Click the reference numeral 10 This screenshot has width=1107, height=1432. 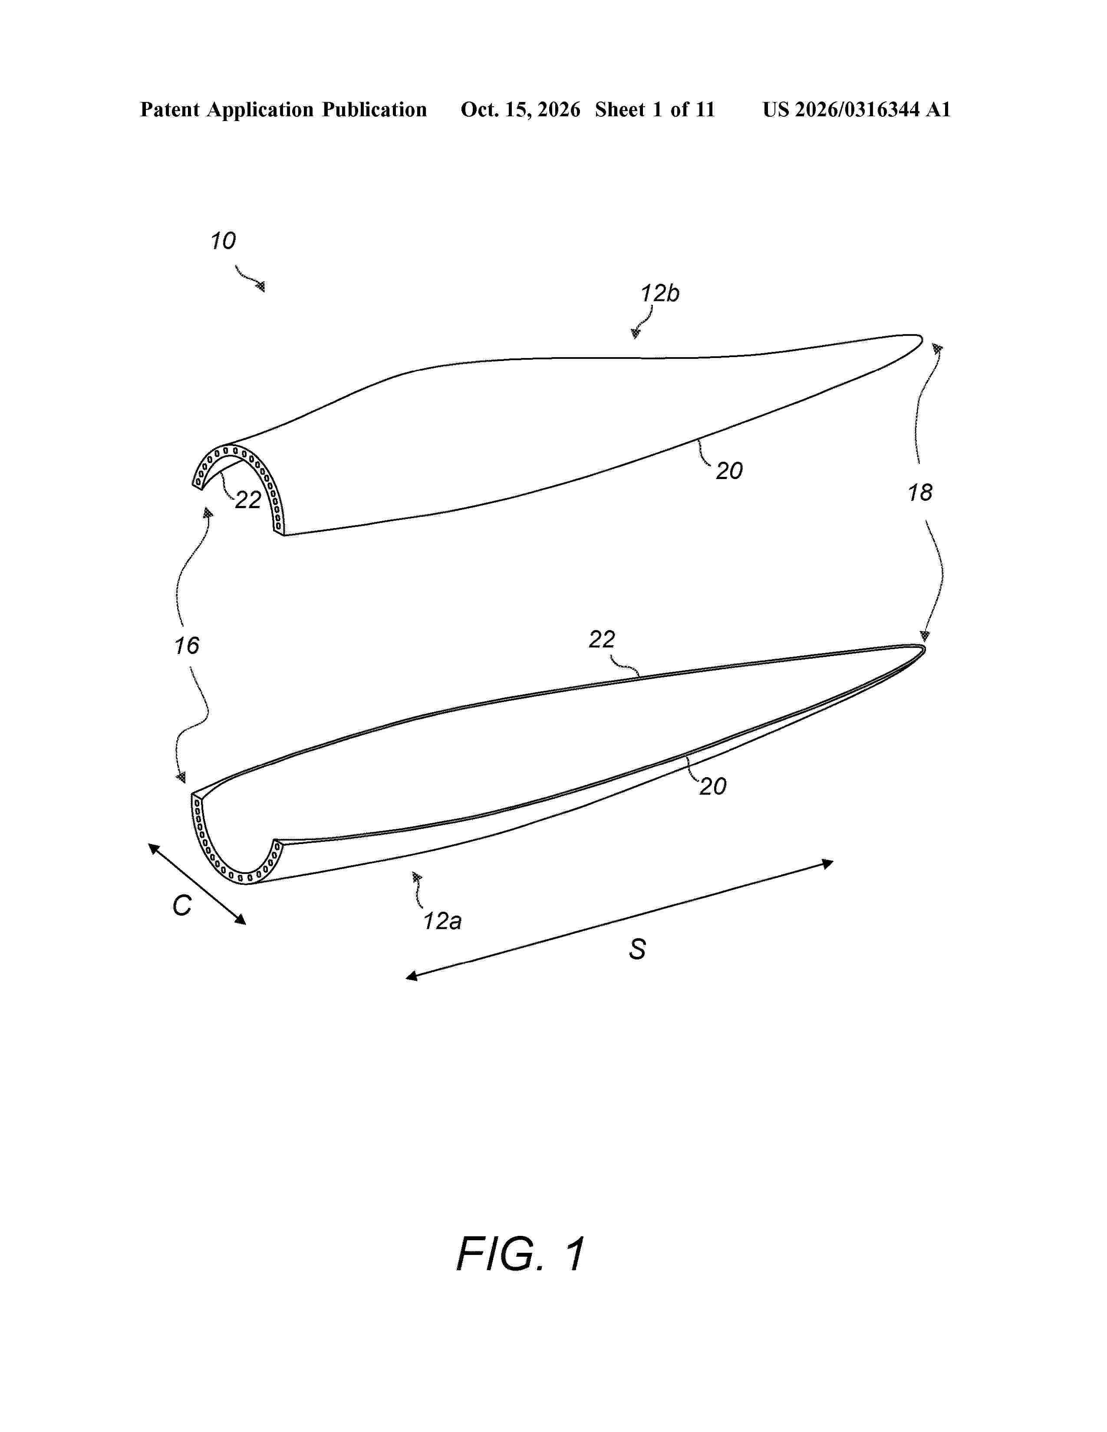coord(223,241)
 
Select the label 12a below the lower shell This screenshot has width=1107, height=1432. coord(442,921)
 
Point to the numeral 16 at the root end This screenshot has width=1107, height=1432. coord(186,646)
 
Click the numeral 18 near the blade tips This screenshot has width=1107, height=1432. coord(919,493)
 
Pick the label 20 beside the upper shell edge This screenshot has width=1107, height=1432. coord(728,471)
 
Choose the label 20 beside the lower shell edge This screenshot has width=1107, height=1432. coord(713,786)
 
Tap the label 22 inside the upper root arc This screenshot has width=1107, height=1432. coord(248,500)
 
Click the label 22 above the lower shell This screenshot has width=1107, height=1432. coord(602,639)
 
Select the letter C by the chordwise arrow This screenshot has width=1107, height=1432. coord(181,906)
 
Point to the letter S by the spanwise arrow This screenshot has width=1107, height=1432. coord(637,949)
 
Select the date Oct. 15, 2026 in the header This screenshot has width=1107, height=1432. coord(520,109)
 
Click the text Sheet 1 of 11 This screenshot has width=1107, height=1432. coord(655,109)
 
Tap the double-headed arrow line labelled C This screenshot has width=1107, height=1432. coord(197,884)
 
